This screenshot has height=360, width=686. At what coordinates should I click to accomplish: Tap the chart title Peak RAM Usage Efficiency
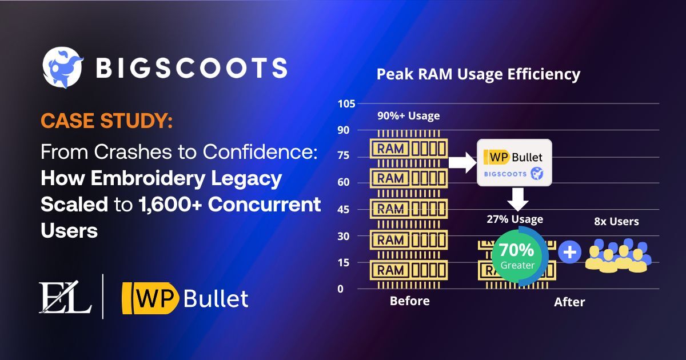pos(478,74)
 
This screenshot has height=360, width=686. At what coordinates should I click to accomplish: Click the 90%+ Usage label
pos(408,116)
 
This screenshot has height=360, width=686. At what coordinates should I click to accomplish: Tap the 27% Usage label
pos(514,219)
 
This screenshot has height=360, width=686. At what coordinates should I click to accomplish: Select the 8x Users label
pos(616,221)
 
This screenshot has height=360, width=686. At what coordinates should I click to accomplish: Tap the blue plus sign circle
pos(569,253)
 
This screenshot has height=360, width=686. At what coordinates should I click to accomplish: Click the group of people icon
pos(616,255)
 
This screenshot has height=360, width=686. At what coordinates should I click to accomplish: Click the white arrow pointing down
pos(516,198)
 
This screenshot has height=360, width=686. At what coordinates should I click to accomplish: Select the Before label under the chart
pos(409,301)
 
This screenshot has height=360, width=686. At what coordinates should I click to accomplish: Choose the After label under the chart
pos(569,302)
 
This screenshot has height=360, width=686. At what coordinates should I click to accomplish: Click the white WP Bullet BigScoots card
pos(514,163)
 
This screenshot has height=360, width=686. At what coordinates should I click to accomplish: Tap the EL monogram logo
pos(65,296)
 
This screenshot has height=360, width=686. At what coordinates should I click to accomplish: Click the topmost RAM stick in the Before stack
pos(408,149)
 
